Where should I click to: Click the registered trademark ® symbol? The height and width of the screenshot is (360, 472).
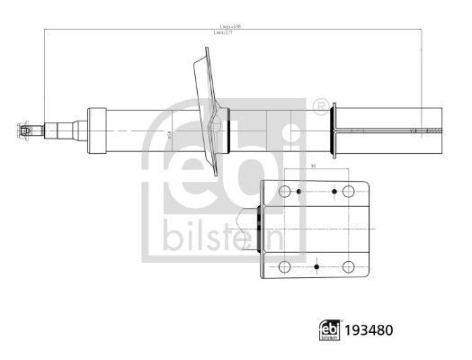[318, 107]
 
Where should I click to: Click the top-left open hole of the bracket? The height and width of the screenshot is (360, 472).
[285, 193]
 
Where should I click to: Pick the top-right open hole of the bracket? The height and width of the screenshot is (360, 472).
[348, 193]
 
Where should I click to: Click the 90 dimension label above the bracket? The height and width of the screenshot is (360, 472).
[314, 166]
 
